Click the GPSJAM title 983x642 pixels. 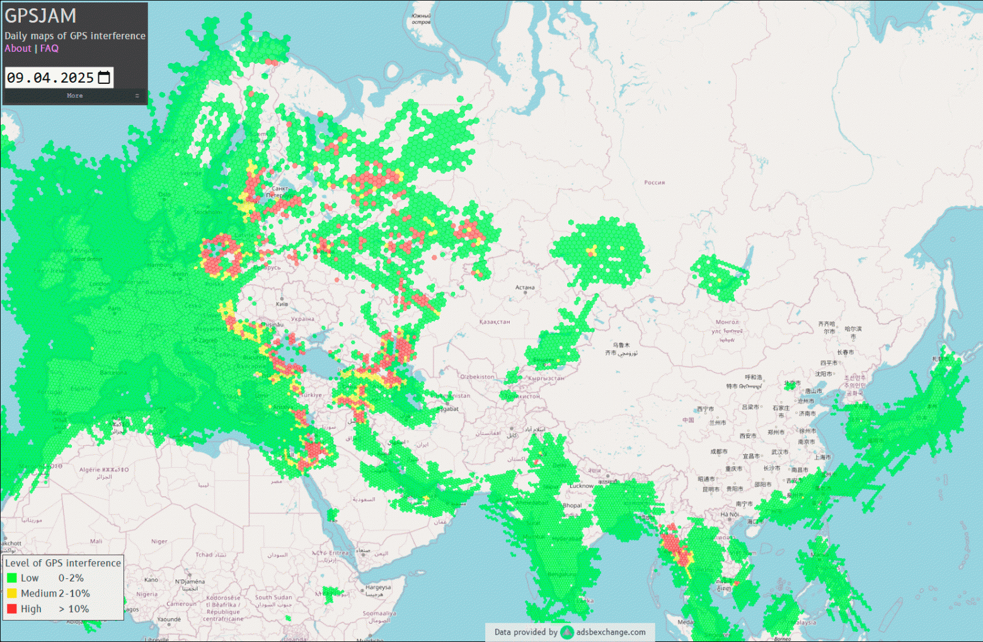pyautogui.click(x=40, y=16)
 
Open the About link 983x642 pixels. pyautogui.click(x=18, y=49)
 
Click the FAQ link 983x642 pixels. pyautogui.click(x=49, y=49)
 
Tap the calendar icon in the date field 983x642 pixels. pyautogui.click(x=104, y=78)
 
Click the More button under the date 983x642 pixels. pyautogui.click(x=74, y=96)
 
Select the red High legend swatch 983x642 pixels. pyautogui.click(x=12, y=609)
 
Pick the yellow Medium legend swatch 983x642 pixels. pyautogui.click(x=12, y=593)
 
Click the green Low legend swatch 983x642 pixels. pyautogui.click(x=12, y=578)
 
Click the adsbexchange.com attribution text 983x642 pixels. pyautogui.click(x=610, y=632)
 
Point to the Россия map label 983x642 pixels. pyautogui.click(x=654, y=182)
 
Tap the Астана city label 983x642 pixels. pyautogui.click(x=525, y=288)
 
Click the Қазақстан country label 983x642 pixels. pyautogui.click(x=495, y=322)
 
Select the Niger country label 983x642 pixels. pyautogui.click(x=159, y=541)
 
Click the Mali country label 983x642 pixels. pyautogui.click(x=96, y=541)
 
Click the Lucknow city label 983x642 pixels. pyautogui.click(x=582, y=486)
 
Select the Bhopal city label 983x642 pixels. pyautogui.click(x=572, y=505)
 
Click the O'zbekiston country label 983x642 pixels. pyautogui.click(x=477, y=376)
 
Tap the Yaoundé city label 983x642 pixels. pyautogui.click(x=169, y=619)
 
